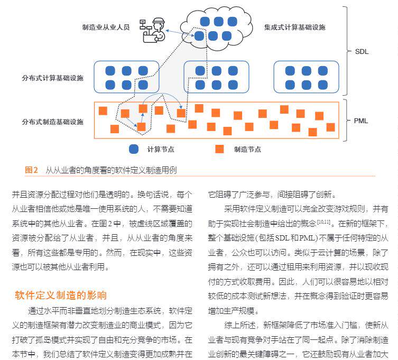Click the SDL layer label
tap(361, 52)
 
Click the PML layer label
tap(361, 121)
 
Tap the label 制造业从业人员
tap(106, 27)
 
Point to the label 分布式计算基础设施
tap(53, 78)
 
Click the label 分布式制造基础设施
tap(53, 122)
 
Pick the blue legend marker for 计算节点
tap(134, 150)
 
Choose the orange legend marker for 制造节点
tap(219, 150)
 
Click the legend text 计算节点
tap(160, 150)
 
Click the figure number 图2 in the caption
tap(32, 170)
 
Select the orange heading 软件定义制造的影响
tap(61, 295)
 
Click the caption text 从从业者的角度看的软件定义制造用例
tap(111, 170)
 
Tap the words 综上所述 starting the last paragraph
tap(237, 325)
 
